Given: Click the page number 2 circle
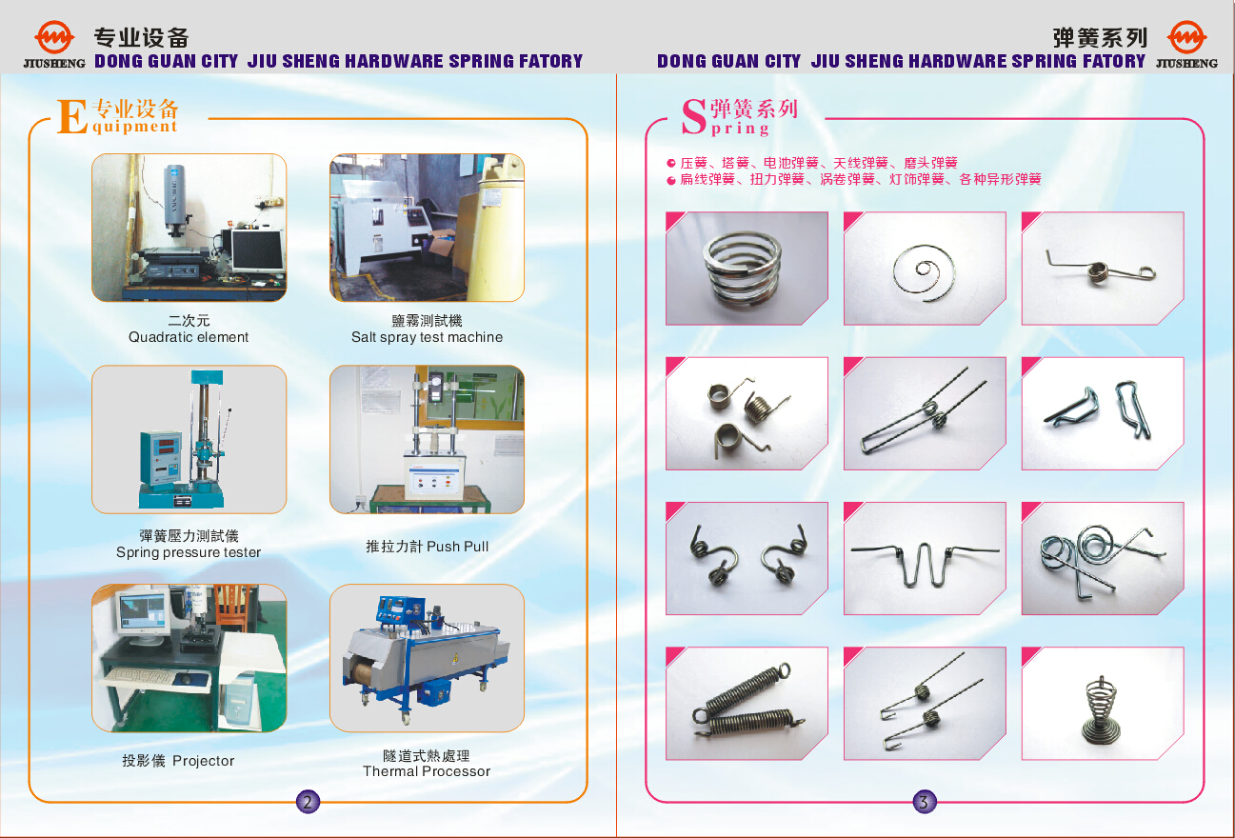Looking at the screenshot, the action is point(308,802).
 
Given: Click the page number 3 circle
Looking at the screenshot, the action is point(924,802).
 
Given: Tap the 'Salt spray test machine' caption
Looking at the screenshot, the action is point(427,337).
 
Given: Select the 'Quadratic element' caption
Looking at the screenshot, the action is point(189,337).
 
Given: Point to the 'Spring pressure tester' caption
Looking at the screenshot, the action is point(189,552).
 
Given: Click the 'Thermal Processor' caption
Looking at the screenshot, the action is point(427,771).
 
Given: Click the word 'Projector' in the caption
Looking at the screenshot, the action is point(204,761).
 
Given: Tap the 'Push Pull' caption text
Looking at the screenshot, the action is point(458,547).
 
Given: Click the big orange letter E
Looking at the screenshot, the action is point(72,116).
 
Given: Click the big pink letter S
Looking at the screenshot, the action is point(694,116).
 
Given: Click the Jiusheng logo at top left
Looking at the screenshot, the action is point(54,44).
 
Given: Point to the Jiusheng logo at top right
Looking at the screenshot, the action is point(1186,44).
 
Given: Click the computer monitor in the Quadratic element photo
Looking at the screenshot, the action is point(257,250).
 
